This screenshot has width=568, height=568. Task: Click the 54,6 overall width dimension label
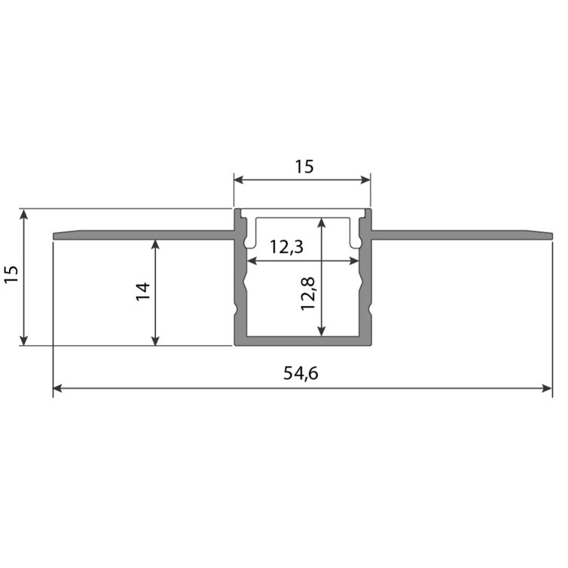(x=301, y=373)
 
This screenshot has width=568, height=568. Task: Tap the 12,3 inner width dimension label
(x=286, y=247)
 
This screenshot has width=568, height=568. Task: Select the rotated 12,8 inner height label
(x=308, y=294)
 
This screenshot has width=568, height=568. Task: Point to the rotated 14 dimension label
(x=143, y=292)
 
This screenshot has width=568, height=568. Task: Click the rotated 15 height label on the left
(x=11, y=274)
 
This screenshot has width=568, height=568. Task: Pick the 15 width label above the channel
(x=304, y=167)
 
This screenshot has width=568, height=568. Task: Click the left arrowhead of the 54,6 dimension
(x=58, y=389)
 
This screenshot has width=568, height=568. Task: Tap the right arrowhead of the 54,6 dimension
(x=547, y=389)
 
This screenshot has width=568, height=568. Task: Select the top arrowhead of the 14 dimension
(x=155, y=245)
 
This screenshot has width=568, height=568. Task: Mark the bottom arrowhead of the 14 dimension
(x=155, y=340)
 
